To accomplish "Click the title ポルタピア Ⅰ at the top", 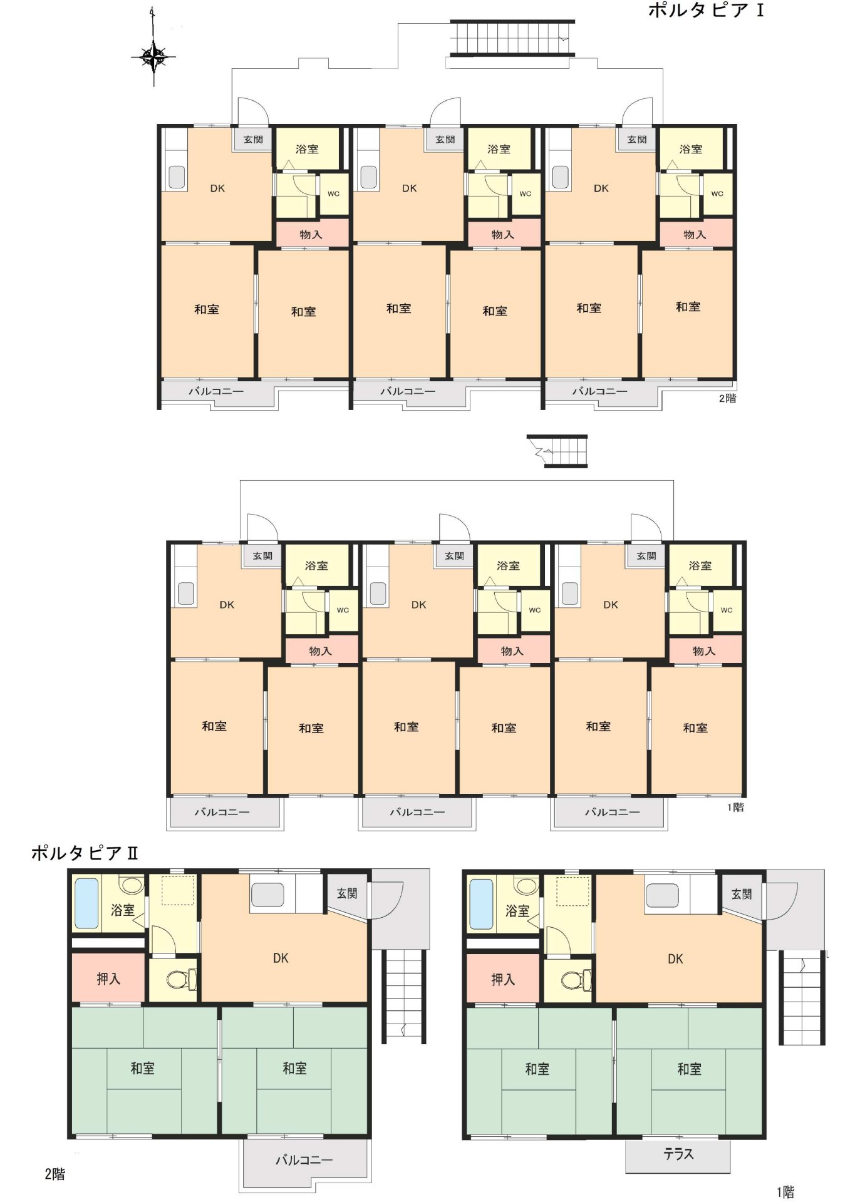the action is point(705,10).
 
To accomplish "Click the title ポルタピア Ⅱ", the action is point(84,853).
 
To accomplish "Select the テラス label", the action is point(678,1154).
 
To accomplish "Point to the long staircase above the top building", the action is point(512,38).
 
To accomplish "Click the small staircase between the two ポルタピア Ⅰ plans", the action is point(557,451).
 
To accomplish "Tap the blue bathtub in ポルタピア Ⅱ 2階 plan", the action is point(86,903).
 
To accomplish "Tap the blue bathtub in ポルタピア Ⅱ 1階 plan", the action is point(481,904).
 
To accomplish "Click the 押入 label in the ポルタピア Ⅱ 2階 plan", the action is point(108,979).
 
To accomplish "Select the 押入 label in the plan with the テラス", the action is point(502,979).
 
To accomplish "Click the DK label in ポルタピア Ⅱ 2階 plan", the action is point(280,958).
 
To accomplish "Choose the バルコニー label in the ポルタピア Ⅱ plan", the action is point(304,1160).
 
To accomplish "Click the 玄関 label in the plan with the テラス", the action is point(742,894).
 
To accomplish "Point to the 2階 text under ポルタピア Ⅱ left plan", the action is point(54,1174).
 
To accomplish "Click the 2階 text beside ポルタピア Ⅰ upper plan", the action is point(727,398).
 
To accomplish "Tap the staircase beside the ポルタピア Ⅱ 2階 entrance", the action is point(404,996).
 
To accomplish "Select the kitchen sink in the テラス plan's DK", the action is point(662,895).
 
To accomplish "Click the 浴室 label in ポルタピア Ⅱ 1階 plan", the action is point(517,911).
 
